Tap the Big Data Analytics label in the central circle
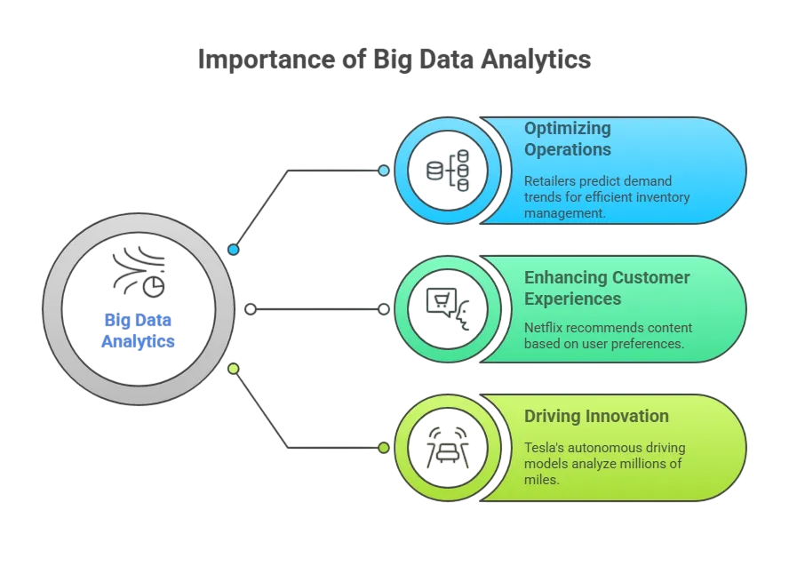point(138,331)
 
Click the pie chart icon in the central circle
point(153,286)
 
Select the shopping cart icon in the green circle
point(442,302)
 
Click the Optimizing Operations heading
point(568,139)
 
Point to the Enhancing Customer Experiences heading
point(607,288)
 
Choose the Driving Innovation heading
point(596,416)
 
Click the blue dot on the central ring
point(234,250)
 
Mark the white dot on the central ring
point(251,309)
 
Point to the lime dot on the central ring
point(234,368)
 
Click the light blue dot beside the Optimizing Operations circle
point(384,171)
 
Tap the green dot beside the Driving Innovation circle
point(384,448)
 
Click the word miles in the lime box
point(541,479)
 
